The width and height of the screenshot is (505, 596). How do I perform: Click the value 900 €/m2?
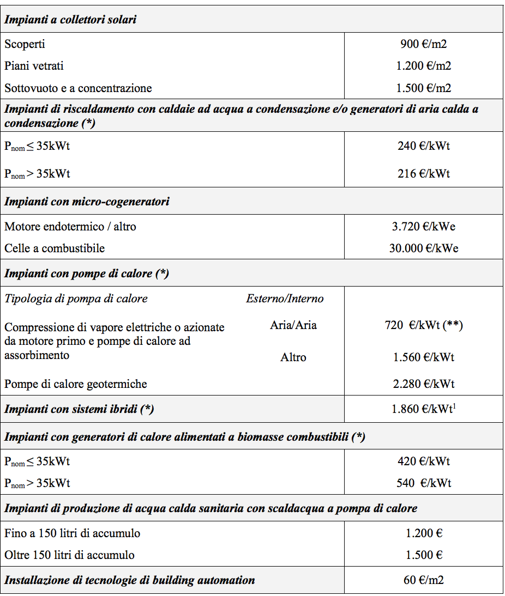(423, 44)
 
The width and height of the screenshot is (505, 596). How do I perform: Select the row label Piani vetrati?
(34, 66)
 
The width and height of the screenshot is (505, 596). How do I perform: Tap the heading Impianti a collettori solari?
(70, 20)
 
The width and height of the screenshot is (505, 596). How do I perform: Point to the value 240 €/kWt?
(424, 145)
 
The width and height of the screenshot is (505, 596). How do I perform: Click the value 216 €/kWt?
(424, 174)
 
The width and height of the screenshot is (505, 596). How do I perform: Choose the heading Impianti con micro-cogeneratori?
(87, 202)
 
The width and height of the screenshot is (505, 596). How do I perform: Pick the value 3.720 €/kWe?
(424, 226)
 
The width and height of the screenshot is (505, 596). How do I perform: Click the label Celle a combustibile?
(55, 248)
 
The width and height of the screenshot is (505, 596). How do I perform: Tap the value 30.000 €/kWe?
(424, 248)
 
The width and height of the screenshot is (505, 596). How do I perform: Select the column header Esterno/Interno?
(285, 299)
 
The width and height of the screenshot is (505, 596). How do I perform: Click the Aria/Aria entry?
(293, 325)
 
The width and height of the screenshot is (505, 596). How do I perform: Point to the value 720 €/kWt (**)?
(424, 326)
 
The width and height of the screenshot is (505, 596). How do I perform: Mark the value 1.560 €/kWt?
(424, 357)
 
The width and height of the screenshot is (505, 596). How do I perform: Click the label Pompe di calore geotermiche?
(76, 384)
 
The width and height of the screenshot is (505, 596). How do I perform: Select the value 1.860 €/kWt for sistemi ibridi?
(424, 409)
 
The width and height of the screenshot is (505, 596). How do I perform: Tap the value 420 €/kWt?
(424, 461)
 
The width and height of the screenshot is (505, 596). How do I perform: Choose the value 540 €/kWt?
(424, 483)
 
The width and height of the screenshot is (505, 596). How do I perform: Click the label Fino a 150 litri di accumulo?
(72, 533)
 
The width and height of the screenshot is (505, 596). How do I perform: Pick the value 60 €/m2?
(424, 580)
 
